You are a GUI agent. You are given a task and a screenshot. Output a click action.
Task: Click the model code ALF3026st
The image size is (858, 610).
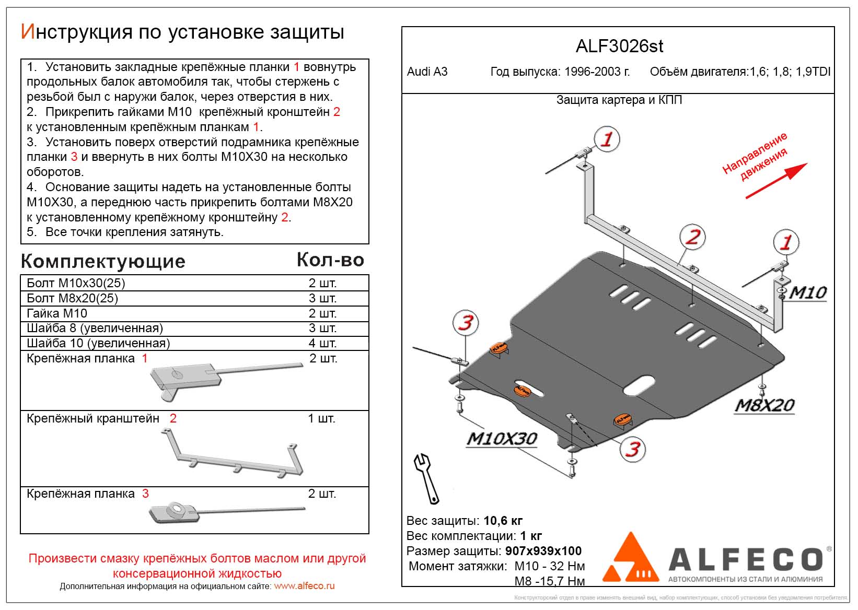pyautogui.click(x=619, y=46)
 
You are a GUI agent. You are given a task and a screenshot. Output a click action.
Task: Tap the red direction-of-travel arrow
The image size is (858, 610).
pyautogui.click(x=776, y=181)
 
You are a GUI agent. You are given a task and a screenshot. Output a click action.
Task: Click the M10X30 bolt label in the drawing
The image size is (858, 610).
pyautogui.click(x=502, y=439)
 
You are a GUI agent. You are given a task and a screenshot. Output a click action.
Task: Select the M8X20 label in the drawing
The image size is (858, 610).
pyautogui.click(x=764, y=405)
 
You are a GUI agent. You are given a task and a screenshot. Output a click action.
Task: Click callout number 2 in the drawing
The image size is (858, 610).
pyautogui.click(x=692, y=237)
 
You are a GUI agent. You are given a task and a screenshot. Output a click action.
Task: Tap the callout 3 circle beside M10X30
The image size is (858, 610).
pyautogui.click(x=633, y=449)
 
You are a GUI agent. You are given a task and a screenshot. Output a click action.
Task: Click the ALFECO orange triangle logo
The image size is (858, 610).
pyautogui.click(x=631, y=559)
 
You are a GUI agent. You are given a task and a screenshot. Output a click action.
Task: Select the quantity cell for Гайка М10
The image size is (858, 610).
pyautogui.click(x=322, y=313)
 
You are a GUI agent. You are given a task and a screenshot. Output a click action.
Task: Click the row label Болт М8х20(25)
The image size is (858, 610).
pyautogui.click(x=73, y=298)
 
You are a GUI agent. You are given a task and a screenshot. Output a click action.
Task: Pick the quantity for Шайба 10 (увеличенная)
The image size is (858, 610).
pyautogui.click(x=322, y=343)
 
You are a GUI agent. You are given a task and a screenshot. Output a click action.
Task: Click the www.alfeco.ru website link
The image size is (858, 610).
pyautogui.click(x=304, y=586)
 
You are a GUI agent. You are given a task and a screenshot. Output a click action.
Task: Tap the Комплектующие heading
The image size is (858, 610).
pyautogui.click(x=103, y=261)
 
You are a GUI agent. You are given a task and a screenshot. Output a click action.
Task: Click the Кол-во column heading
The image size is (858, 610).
pyautogui.click(x=330, y=260)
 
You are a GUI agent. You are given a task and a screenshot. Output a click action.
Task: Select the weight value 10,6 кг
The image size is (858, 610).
pyautogui.click(x=503, y=521)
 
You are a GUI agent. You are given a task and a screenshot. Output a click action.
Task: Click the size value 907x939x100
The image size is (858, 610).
pyautogui.click(x=543, y=551)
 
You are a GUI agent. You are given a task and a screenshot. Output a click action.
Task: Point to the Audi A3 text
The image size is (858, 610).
pyautogui.click(x=427, y=72)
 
